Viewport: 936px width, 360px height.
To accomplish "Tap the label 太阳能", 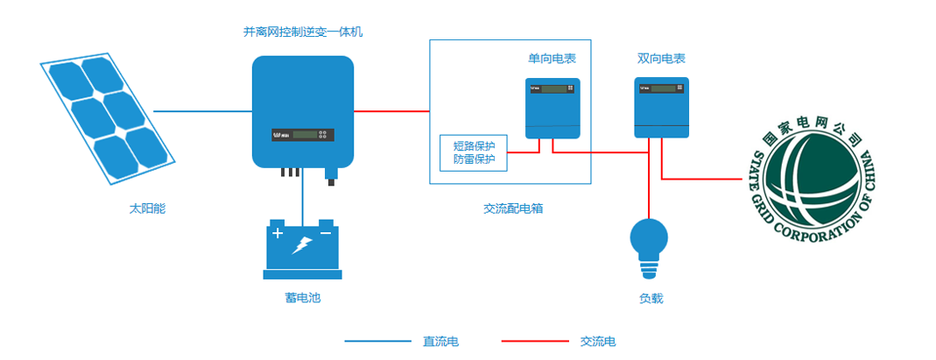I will [147, 209].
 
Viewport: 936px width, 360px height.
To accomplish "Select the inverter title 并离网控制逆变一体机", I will [302, 32].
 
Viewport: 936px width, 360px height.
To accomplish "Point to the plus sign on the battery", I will [278, 234].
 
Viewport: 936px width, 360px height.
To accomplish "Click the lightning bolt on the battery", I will [302, 245].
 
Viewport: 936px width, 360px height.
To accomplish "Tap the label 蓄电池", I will [302, 299].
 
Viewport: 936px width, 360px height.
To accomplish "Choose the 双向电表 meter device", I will [661, 107].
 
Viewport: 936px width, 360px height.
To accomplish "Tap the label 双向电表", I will [661, 59].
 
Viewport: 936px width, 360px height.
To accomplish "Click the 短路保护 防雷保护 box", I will [474, 152].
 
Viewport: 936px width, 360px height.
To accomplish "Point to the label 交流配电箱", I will [513, 208].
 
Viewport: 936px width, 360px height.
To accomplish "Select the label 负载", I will [651, 299].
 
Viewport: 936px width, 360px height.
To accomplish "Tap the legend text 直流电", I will [440, 341].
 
